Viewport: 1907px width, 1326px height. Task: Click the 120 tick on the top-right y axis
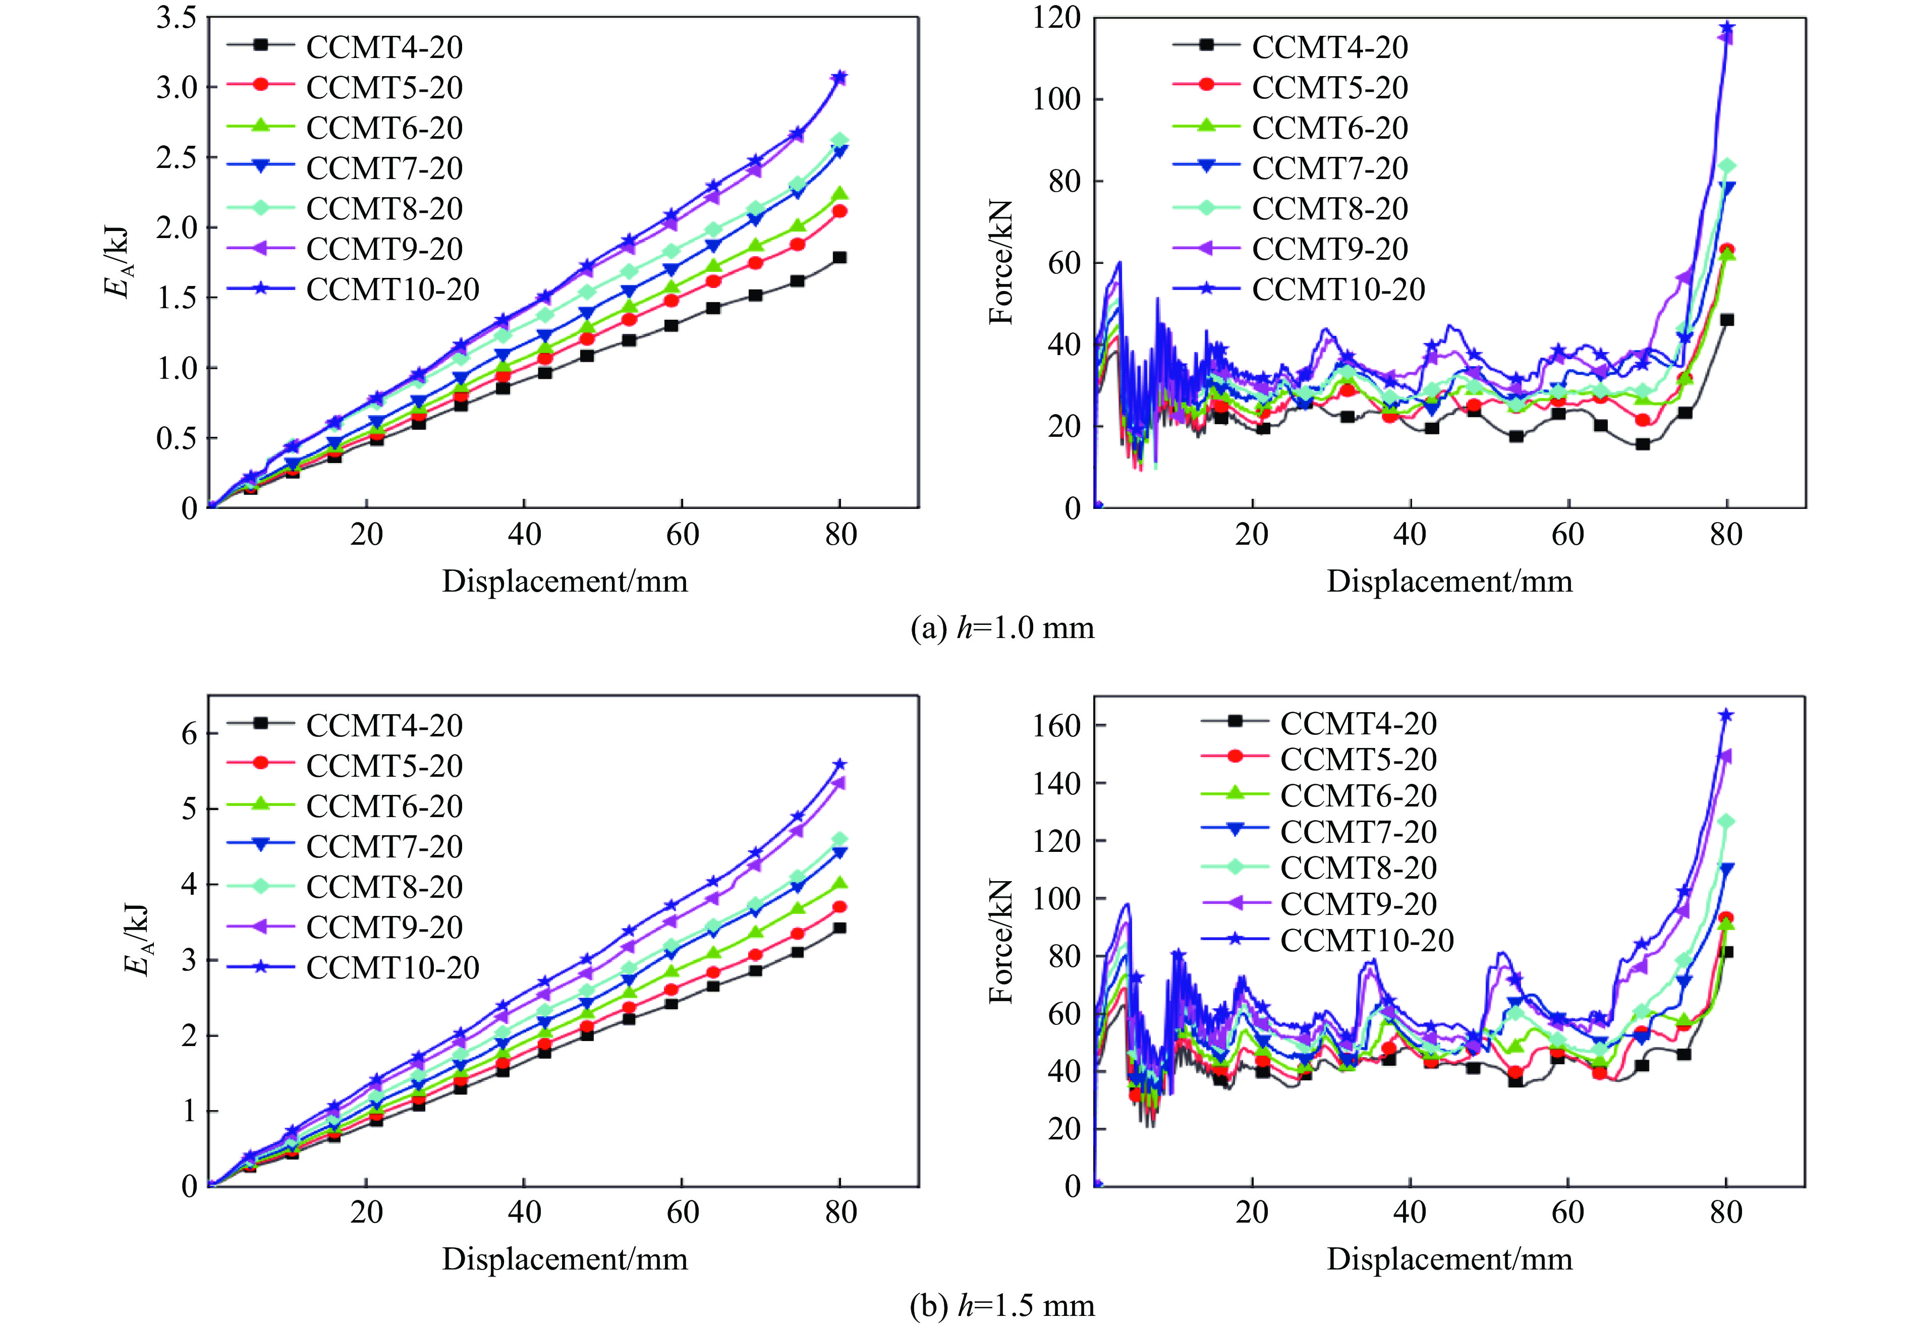click(1056, 18)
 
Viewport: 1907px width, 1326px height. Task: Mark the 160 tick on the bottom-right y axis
click(1056, 725)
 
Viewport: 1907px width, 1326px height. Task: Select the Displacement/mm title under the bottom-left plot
click(565, 1259)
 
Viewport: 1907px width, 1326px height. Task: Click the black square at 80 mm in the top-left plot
click(839, 257)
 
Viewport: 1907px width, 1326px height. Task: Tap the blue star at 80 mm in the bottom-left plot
click(839, 764)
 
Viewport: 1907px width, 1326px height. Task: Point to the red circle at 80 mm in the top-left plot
click(839, 211)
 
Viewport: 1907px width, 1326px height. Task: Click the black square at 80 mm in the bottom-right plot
click(1727, 952)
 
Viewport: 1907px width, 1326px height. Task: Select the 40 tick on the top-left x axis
click(524, 534)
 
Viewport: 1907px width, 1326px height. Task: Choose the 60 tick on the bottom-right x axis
click(1568, 1212)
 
